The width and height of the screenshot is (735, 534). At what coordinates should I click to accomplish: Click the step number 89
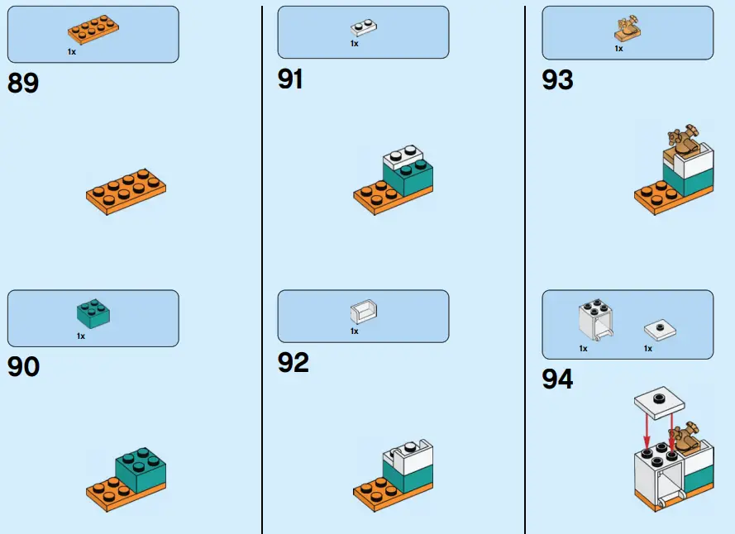coord(23,83)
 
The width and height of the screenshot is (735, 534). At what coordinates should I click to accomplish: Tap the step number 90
coord(24,366)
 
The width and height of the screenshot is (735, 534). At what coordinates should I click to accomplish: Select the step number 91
coord(291,79)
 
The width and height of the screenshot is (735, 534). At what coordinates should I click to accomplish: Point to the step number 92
coord(294,362)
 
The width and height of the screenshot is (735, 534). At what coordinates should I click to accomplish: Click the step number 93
coord(558,80)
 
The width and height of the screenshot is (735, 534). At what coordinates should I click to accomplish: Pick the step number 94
coord(558,379)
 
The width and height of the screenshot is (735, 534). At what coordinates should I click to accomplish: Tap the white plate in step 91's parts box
coord(365,26)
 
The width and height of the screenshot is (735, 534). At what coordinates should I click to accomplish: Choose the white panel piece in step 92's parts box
coord(365,312)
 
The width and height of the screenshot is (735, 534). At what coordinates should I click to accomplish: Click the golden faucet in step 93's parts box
coord(627,30)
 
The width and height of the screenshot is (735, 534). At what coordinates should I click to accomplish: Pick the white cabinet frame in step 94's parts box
coord(594,322)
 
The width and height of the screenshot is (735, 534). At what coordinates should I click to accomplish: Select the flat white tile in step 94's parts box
coord(659,330)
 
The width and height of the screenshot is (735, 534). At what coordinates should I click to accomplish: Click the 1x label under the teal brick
coord(81,336)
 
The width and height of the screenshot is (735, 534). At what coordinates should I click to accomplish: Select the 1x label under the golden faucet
coord(618,49)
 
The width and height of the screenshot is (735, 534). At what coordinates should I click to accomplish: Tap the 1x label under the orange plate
coord(73,51)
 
